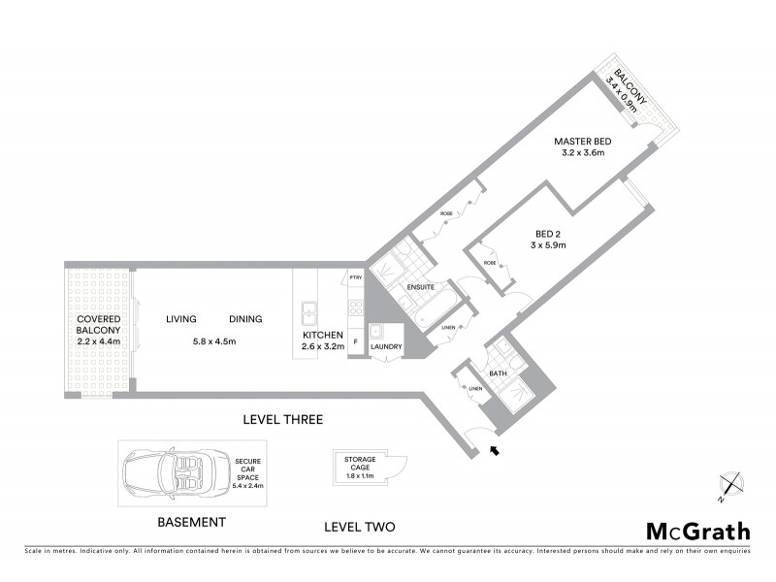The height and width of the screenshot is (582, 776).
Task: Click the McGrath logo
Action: (698, 531)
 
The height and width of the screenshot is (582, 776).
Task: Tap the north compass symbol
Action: (730, 485)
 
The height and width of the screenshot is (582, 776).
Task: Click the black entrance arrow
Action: (498, 449)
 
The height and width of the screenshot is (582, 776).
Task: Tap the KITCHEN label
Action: (323, 334)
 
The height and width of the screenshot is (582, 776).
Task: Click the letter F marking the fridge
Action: (355, 342)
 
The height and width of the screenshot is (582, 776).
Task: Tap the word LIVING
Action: (181, 319)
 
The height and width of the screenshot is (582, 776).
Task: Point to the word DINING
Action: (245, 319)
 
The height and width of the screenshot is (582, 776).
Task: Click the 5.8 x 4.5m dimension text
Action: (213, 341)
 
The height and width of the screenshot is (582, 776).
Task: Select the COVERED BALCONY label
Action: (97, 324)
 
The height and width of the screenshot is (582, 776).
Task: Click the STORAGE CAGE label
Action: (359, 465)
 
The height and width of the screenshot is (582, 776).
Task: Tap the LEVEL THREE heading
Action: (282, 419)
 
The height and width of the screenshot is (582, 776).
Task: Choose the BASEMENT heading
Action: (191, 522)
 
